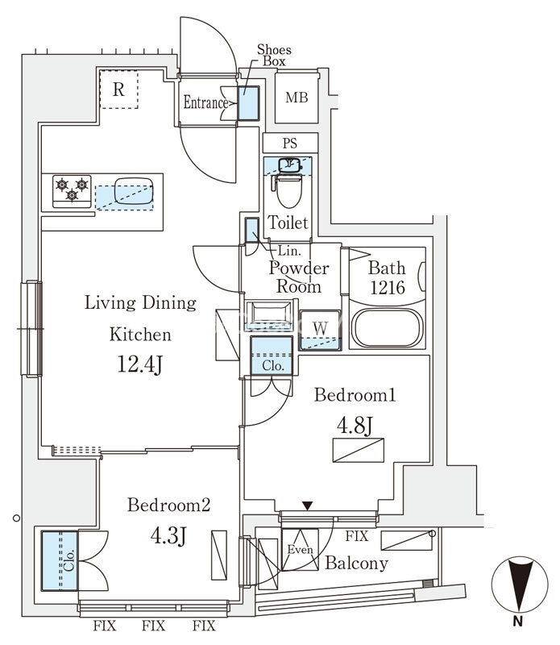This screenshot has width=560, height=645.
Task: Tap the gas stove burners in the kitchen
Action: pos(71,189)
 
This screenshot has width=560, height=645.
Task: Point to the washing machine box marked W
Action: pos(319,329)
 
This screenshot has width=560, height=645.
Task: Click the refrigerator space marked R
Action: pos(118,89)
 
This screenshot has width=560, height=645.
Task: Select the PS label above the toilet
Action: pos(289,144)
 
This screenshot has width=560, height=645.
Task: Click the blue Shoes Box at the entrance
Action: pos(249,102)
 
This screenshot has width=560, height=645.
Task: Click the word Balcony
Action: pos(356,564)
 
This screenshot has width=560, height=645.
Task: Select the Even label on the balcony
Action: pos(299,550)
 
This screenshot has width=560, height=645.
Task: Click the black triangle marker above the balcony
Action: pos(307,506)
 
